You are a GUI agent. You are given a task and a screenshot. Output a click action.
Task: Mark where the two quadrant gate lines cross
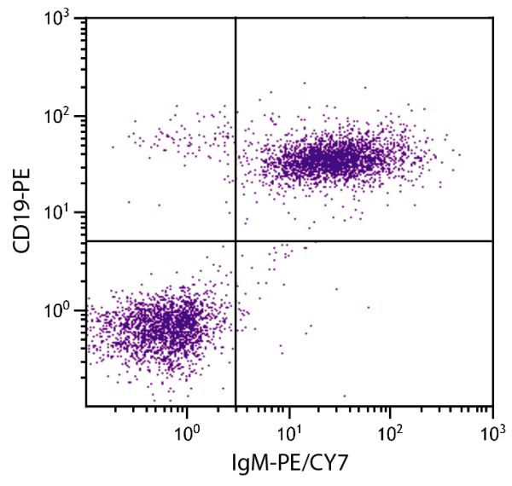(235, 241)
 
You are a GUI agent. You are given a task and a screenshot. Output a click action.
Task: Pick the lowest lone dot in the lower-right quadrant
(345, 396)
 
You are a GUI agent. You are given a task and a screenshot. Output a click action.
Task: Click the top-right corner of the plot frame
(492, 19)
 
